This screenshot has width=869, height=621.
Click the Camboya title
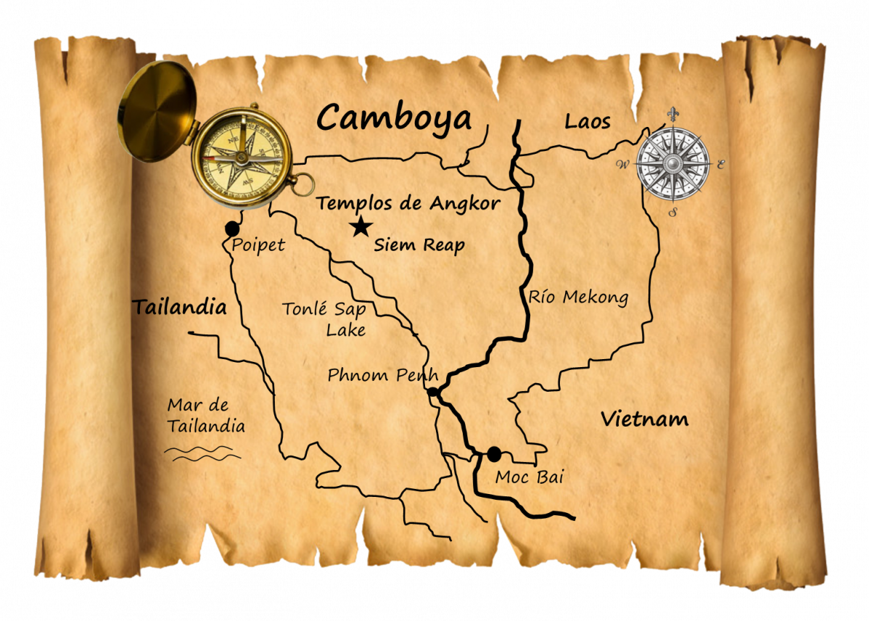(395, 118)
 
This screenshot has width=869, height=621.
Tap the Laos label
(588, 122)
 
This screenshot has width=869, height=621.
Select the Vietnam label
(644, 419)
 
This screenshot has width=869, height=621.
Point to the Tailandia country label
(179, 308)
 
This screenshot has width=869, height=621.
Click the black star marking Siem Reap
(360, 228)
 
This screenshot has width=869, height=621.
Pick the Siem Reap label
(419, 245)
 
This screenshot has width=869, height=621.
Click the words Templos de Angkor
(408, 204)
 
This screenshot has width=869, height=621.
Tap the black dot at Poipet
(232, 229)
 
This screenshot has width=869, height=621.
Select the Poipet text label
(258, 245)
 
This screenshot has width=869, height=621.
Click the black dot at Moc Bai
(494, 454)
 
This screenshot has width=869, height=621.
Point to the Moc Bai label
(529, 477)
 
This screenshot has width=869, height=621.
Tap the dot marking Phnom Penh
(432, 392)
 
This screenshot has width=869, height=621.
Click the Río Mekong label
(577, 297)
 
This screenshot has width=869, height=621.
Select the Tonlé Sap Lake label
(324, 319)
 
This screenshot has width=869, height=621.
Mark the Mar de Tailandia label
(205, 416)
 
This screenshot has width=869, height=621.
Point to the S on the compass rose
(673, 213)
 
